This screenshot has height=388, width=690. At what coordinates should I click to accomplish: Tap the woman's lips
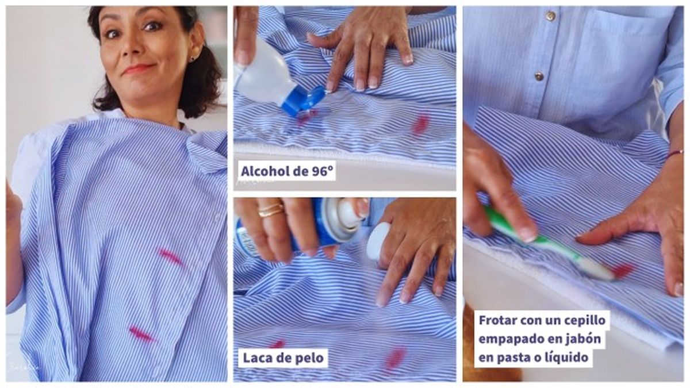[137, 70]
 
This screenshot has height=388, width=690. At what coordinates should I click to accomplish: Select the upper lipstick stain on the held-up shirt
[170, 256]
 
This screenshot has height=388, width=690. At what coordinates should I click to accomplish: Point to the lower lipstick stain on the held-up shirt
[141, 334]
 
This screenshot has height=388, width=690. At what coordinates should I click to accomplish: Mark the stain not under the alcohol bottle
[421, 124]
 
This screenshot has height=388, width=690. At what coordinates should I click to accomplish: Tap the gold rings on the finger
[270, 210]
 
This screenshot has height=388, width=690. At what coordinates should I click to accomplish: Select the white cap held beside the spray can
[378, 240]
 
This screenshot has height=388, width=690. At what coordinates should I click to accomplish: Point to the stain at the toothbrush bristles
[621, 270]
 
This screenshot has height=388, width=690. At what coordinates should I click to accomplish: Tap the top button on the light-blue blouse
[550, 17]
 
